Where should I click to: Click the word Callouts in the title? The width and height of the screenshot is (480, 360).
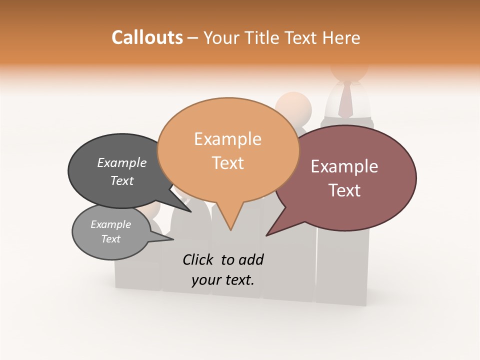(147, 37)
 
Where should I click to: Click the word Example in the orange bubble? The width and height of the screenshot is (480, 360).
(227, 139)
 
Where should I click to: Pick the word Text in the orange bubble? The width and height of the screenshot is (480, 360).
(227, 162)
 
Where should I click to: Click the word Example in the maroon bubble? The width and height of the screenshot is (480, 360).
(344, 166)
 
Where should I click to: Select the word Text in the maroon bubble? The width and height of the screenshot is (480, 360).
(344, 190)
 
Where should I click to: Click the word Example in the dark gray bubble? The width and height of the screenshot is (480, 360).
(122, 162)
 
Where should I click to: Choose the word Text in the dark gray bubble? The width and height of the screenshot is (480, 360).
(122, 180)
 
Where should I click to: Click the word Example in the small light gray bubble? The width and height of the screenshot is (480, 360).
(110, 224)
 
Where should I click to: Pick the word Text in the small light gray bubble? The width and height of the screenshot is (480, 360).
(110, 239)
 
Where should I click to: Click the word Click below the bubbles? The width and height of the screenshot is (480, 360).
(199, 259)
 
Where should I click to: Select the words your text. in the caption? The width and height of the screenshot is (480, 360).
(223, 280)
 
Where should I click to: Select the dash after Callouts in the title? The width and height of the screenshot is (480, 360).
(193, 38)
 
